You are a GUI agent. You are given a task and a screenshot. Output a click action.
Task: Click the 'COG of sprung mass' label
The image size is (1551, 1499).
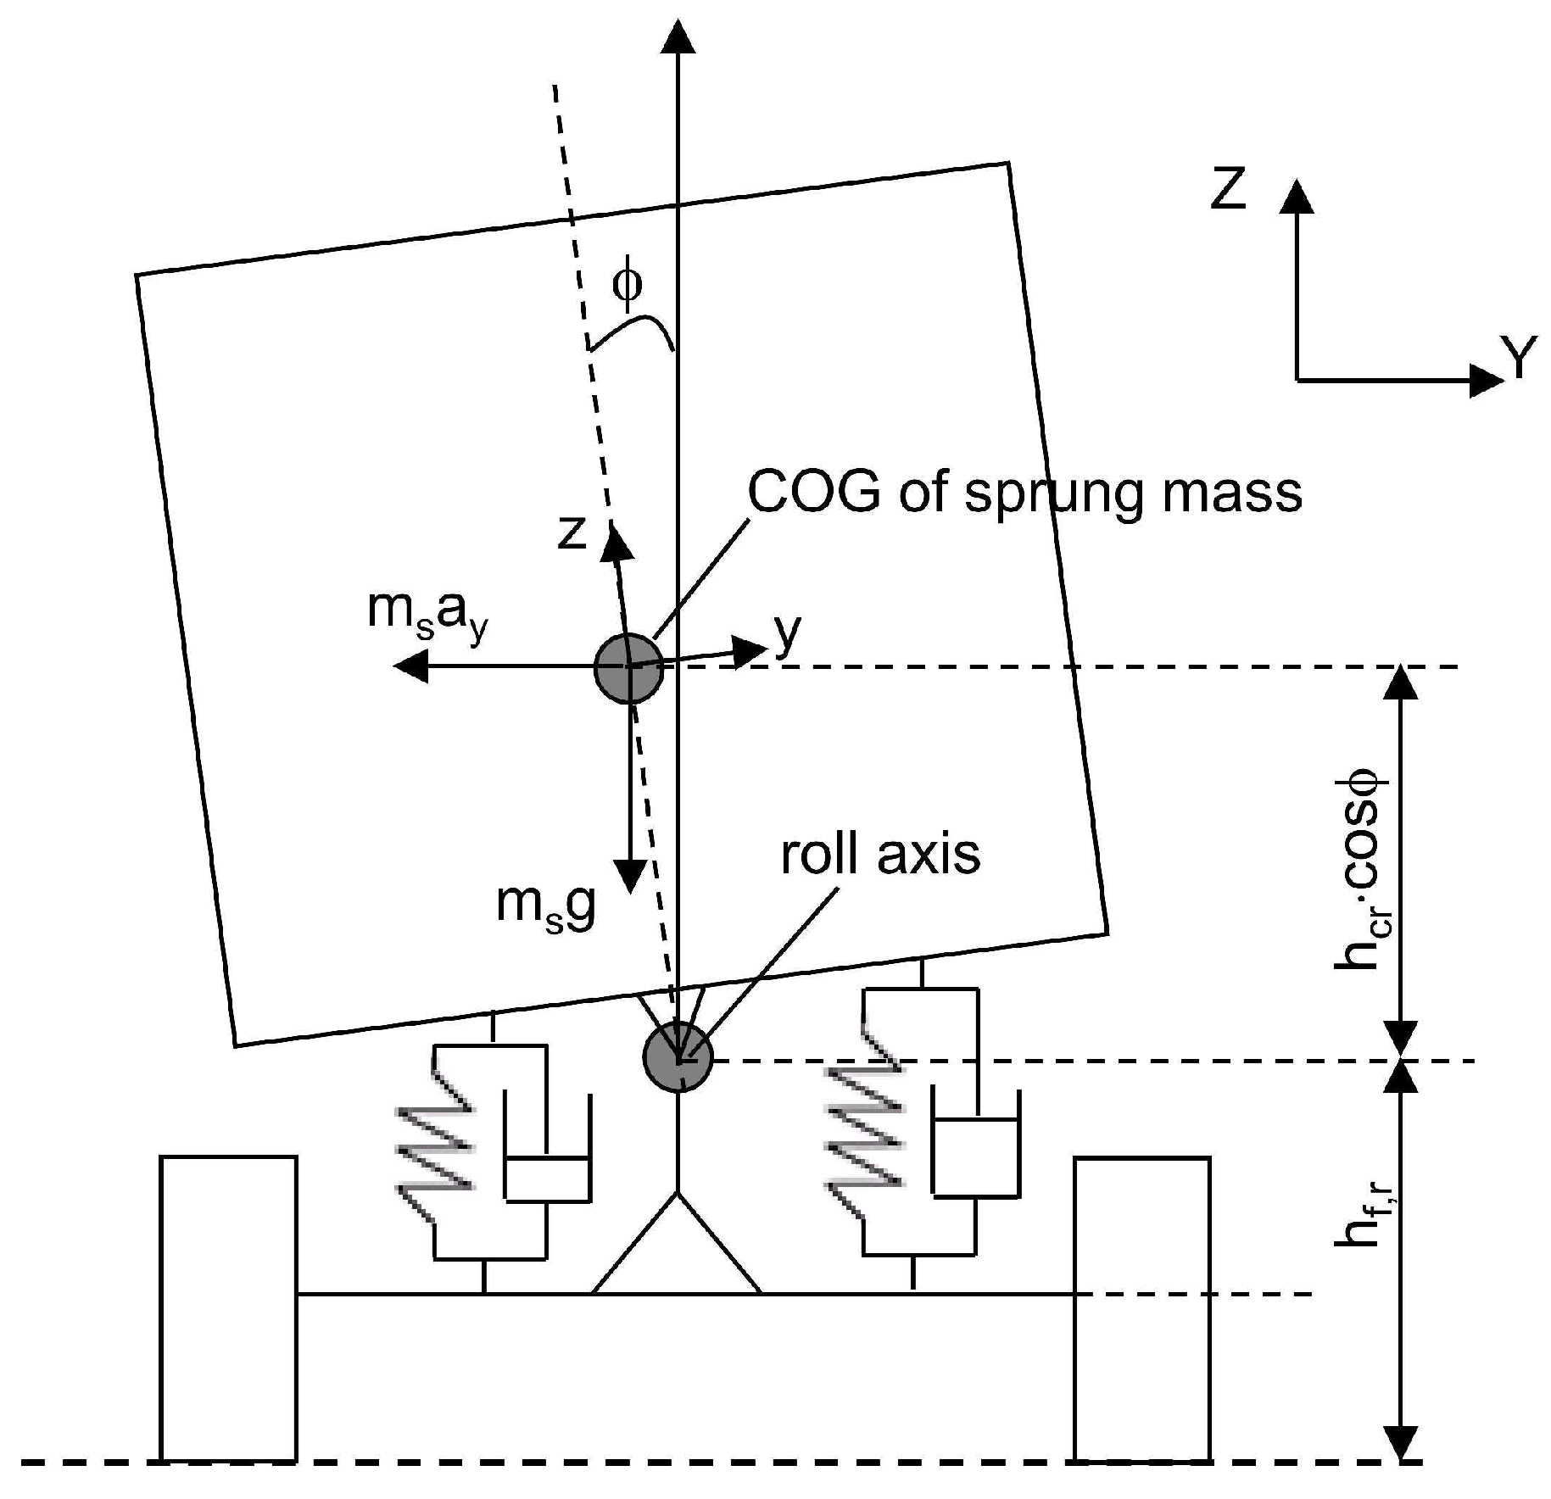pyautogui.click(x=1024, y=493)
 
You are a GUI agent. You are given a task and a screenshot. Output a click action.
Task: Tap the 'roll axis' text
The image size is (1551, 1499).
pyautogui.click(x=880, y=854)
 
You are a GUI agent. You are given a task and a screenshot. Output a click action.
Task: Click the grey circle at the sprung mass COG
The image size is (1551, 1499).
pyautogui.click(x=628, y=668)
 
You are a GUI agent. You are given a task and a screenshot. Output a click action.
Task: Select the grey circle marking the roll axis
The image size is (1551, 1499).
pyautogui.click(x=678, y=1057)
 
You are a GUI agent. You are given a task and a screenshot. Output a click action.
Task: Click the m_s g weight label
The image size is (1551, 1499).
pyautogui.click(x=546, y=906)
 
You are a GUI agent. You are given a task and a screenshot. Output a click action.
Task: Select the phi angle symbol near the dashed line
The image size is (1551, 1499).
pyautogui.click(x=628, y=285)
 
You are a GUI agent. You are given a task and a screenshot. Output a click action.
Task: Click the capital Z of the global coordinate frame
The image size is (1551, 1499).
pyautogui.click(x=1228, y=188)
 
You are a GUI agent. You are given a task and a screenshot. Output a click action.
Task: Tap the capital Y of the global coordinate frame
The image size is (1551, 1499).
pyautogui.click(x=1519, y=358)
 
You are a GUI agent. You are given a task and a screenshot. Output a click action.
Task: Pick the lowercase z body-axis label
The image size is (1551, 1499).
pyautogui.click(x=572, y=532)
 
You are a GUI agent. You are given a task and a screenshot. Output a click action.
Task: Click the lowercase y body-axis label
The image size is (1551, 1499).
pyautogui.click(x=787, y=632)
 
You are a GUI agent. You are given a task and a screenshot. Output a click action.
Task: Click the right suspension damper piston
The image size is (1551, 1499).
pyautogui.click(x=975, y=1155)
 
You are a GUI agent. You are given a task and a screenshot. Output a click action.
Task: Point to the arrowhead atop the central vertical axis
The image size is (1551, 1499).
pyautogui.click(x=677, y=38)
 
